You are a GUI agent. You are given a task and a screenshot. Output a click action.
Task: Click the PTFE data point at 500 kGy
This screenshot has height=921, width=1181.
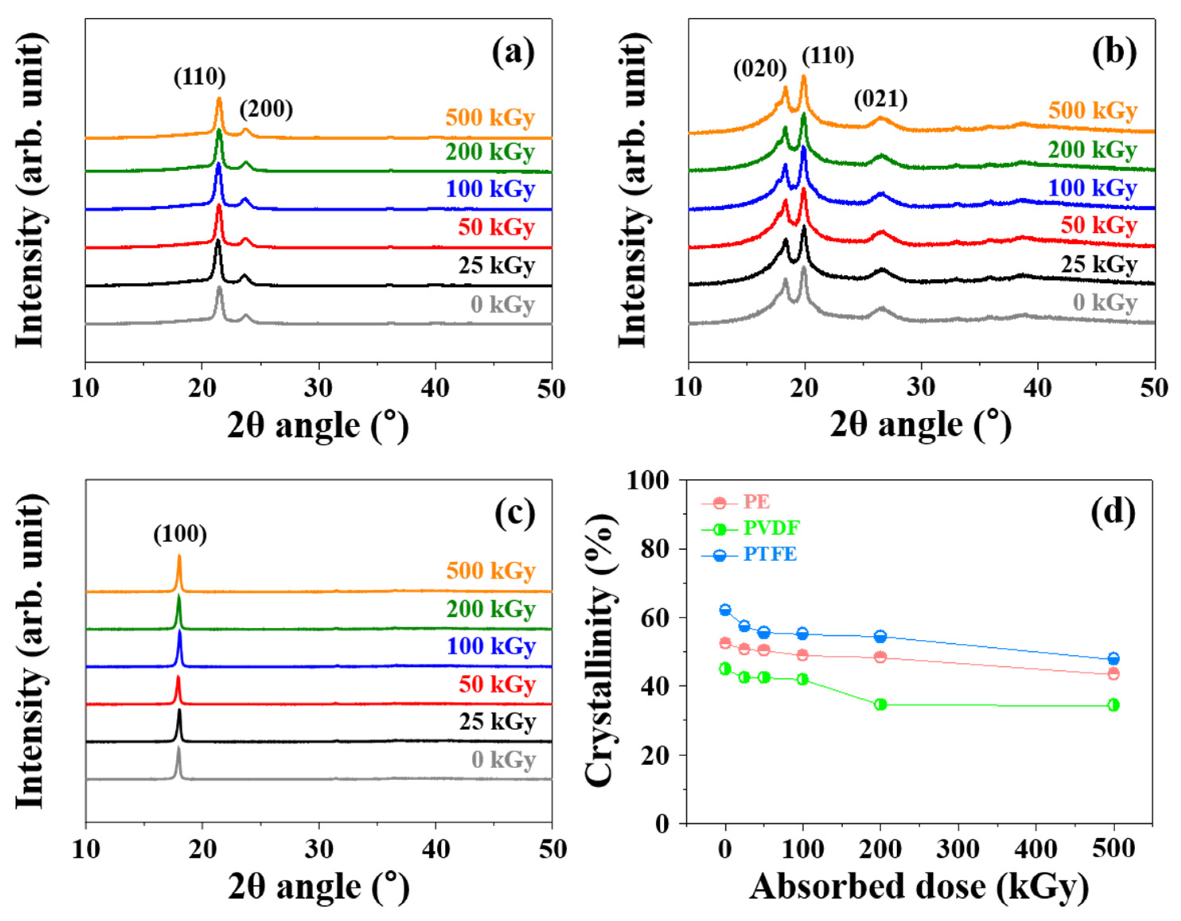[1113, 659]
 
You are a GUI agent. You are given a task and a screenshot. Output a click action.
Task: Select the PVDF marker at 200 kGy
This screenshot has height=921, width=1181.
[880, 704]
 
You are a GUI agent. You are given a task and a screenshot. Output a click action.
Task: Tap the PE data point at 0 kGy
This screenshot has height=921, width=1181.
[725, 643]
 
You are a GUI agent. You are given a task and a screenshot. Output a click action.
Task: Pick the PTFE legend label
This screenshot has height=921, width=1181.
[770, 554]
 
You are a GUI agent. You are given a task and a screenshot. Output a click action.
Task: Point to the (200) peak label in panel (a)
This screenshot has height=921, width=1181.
[266, 110]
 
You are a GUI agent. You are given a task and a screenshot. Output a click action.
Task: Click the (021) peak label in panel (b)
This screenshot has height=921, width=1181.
[880, 99]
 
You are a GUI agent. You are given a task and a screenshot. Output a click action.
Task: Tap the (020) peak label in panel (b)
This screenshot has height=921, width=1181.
[759, 69]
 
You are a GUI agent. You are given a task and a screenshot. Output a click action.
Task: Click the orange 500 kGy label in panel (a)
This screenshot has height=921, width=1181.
[490, 117]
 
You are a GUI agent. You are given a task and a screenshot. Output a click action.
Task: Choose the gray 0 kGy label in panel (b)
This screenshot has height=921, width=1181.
[1105, 302]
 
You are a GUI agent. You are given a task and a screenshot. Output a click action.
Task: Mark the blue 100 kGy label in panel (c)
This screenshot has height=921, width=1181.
[491, 646]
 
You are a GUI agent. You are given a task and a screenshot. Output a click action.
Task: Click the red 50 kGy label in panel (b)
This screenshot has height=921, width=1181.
[1098, 226]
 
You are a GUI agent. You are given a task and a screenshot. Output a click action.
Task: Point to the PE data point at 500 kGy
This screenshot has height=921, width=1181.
[1113, 674]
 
